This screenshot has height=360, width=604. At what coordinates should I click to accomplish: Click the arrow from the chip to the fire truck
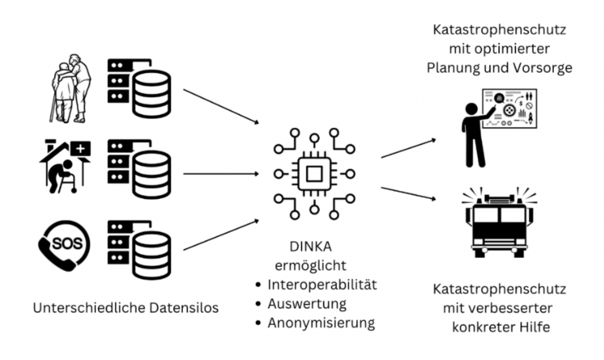pyautogui.click(x=409, y=195)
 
